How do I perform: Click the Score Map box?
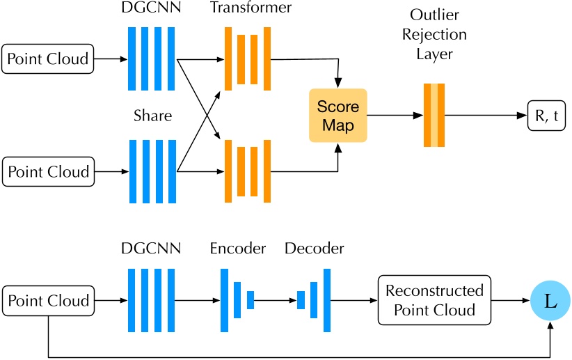coord(337,116)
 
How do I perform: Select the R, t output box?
coord(546,116)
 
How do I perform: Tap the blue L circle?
coord(550,301)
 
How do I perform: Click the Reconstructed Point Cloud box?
coord(434,300)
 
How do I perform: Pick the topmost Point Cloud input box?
coord(48,59)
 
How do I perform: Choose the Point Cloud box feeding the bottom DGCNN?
coord(48,301)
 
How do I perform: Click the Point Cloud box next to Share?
coord(48,171)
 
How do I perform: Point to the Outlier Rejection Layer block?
coord(434,116)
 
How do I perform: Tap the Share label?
coord(152,116)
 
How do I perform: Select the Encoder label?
coord(237,249)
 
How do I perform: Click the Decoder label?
coord(314,249)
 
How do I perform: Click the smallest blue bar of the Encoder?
coord(251,300)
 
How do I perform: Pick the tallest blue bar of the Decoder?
coord(326,300)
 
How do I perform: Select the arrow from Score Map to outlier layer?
coord(394,116)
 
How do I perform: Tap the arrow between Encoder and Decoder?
coord(276,301)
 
